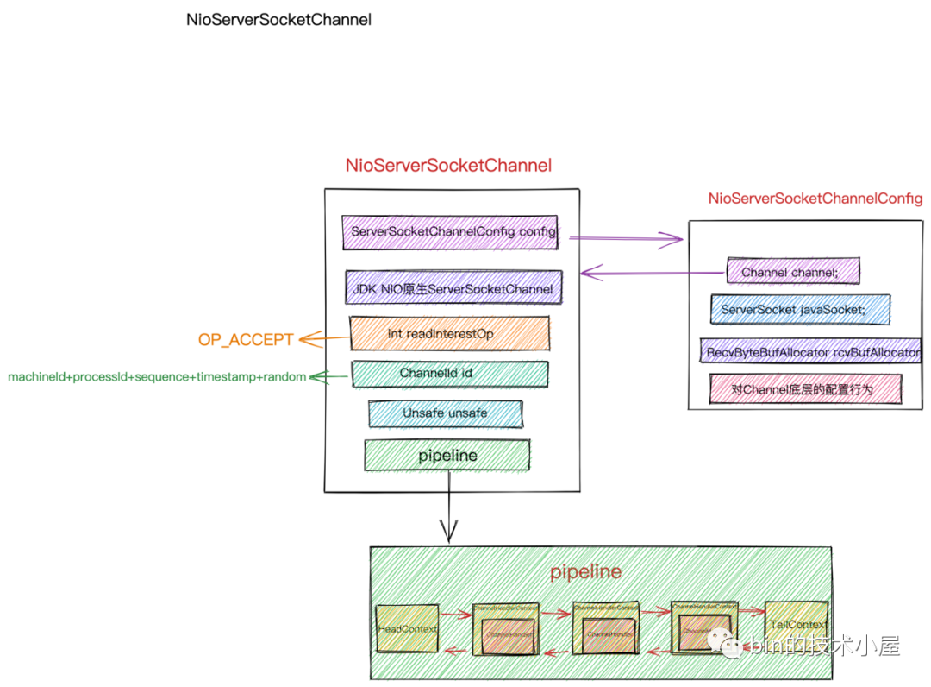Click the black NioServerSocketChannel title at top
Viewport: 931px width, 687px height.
(x=278, y=19)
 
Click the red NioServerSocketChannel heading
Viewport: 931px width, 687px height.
(x=448, y=165)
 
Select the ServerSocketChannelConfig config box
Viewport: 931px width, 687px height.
(x=450, y=232)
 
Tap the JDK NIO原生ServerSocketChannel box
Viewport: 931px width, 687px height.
(x=453, y=288)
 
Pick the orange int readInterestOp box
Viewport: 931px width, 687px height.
(x=449, y=333)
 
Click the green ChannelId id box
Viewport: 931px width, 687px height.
(x=449, y=374)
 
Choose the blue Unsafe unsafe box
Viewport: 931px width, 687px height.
(x=445, y=413)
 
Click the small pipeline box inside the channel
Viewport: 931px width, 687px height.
(x=447, y=455)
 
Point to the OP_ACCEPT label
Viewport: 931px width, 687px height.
(x=246, y=340)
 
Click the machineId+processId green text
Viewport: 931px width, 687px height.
(x=157, y=377)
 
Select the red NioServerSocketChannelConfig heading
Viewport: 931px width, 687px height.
(x=815, y=199)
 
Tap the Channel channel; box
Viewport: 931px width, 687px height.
(x=792, y=272)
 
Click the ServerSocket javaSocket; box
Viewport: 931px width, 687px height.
(x=799, y=309)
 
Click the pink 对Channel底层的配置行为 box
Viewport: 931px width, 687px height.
(x=804, y=388)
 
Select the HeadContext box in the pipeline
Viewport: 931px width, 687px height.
(x=407, y=628)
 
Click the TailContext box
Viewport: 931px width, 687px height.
(x=797, y=626)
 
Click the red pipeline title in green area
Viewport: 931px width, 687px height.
(x=585, y=571)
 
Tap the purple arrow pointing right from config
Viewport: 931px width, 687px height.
(x=621, y=239)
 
